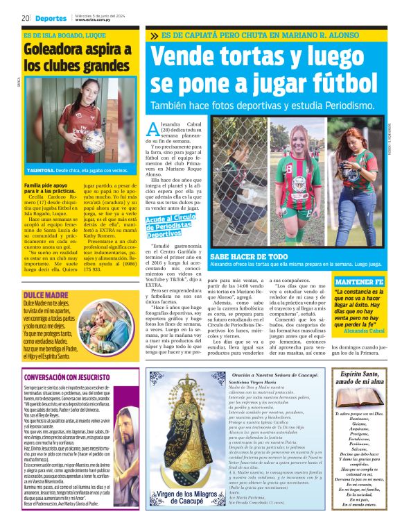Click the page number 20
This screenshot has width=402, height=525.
tap(25, 18)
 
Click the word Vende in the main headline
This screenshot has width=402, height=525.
tap(191, 56)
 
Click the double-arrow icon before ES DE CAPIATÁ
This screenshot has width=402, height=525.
tap(154, 35)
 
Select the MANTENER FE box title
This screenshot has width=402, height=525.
tap(359, 283)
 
